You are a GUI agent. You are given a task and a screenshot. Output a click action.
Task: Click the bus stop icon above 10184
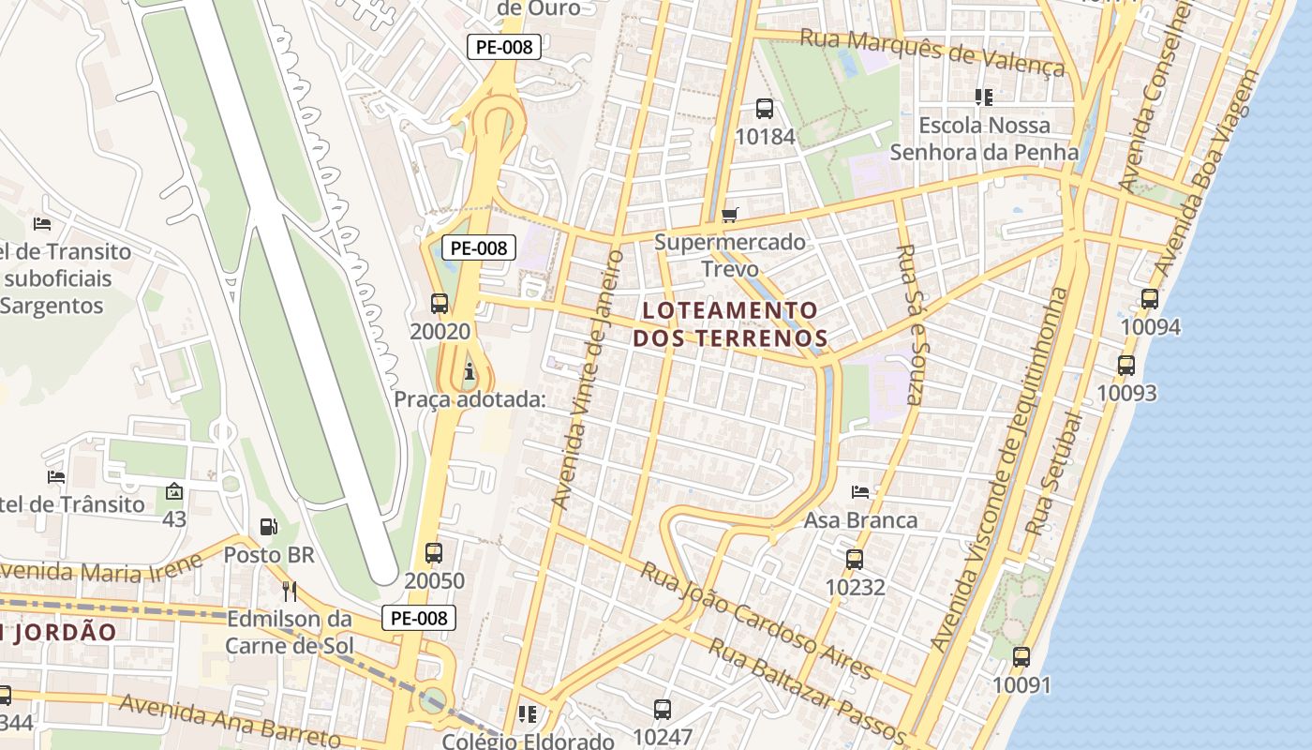point(765,109)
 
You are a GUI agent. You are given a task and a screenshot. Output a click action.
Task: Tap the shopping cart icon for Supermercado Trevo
point(730,215)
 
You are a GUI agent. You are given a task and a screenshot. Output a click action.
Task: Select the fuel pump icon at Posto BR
point(269,527)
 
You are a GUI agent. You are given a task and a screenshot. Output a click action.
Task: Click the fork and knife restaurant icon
point(290,591)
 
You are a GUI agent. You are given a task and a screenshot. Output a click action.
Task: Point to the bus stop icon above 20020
point(440,304)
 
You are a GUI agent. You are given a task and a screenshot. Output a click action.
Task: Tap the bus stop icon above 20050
point(433,553)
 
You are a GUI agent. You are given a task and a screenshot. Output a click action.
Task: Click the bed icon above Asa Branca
point(860,491)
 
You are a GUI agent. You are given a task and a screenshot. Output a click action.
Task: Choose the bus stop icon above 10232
point(855,560)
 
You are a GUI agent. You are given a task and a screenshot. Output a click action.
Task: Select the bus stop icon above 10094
point(1150,300)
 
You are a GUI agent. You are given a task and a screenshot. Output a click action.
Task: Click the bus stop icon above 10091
point(1021,657)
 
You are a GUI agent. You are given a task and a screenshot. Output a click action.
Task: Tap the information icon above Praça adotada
point(469,373)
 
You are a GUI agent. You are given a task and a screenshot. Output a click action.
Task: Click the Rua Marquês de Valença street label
point(932,52)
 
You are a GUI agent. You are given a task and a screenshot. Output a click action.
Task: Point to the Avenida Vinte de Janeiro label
point(588,380)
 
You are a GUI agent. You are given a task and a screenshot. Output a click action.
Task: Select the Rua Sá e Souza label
point(910,323)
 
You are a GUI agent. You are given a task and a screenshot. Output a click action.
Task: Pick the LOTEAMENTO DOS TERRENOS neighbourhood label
point(730,323)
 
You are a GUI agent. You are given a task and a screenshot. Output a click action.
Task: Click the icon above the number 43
point(173,491)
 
